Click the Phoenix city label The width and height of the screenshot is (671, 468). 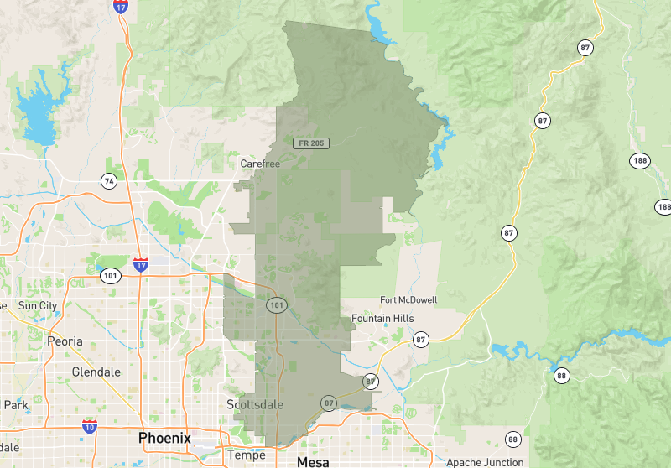click(x=164, y=438)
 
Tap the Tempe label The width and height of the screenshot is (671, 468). click(x=247, y=455)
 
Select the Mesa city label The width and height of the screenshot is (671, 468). click(x=314, y=461)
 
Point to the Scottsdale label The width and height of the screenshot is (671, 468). click(x=255, y=405)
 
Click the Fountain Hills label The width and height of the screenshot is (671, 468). click(x=383, y=319)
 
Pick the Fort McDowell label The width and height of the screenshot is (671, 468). click(x=408, y=300)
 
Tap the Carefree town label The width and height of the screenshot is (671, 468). click(x=260, y=164)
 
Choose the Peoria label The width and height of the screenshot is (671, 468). click(x=65, y=341)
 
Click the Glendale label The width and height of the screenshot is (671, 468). click(x=96, y=372)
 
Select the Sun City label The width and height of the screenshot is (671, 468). click(x=38, y=306)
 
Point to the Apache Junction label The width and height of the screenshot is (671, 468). click(x=485, y=462)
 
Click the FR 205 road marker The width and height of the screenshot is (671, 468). click(x=311, y=143)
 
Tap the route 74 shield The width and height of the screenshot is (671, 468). click(x=108, y=180)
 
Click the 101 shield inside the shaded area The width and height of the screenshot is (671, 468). click(x=278, y=304)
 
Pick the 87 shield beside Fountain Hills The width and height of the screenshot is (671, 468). click(x=420, y=339)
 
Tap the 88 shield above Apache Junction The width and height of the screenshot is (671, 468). click(x=513, y=439)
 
